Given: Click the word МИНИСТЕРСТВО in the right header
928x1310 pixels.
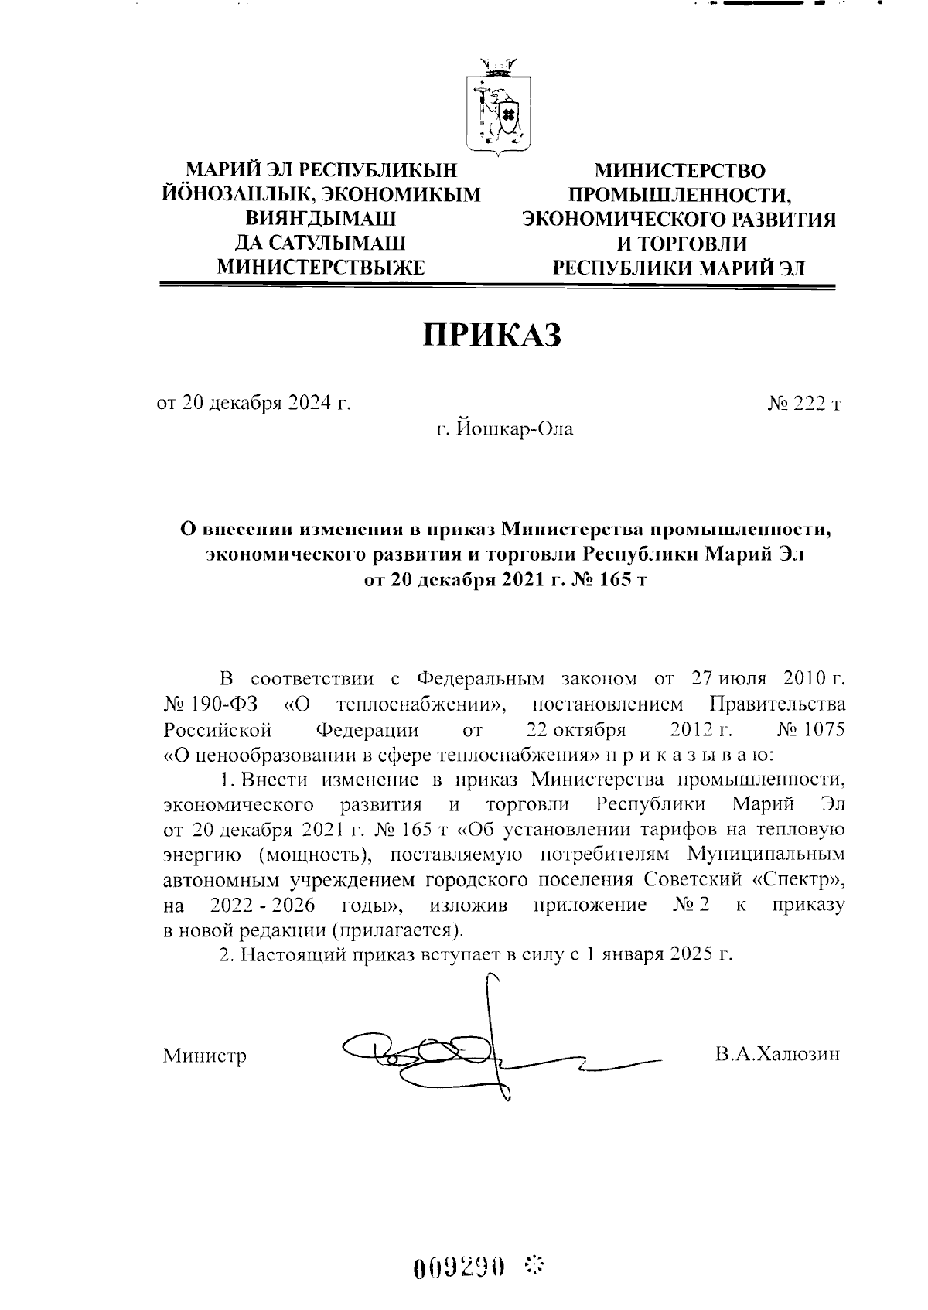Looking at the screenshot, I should point(679,170).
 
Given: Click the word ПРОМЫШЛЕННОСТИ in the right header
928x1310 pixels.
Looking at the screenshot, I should point(677,194).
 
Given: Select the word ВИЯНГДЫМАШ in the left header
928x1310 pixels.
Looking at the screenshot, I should point(321,219).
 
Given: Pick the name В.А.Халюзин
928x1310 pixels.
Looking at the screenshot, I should point(777,1054).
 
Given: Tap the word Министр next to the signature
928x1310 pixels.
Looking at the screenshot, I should point(204,1056).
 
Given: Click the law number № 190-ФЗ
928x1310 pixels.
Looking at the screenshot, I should point(211,704).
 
